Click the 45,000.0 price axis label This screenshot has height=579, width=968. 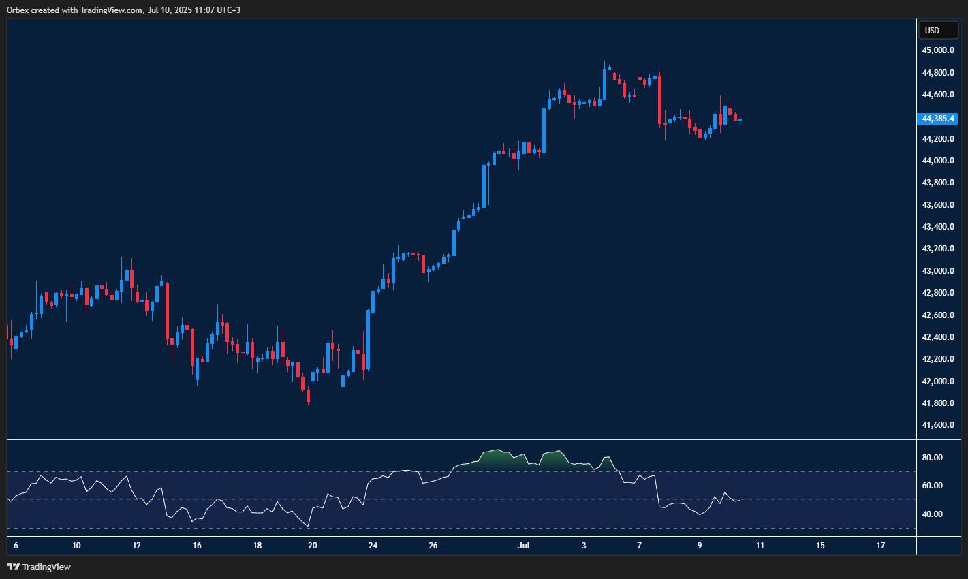(x=937, y=50)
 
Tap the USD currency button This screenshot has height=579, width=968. (x=932, y=30)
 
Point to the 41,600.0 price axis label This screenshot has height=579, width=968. (x=937, y=425)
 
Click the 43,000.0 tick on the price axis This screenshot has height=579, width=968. (x=937, y=271)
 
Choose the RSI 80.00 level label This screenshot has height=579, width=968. (x=932, y=458)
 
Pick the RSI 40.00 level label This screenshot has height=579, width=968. (x=932, y=514)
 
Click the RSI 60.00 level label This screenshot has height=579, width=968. (x=932, y=486)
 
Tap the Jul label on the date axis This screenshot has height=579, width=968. (x=523, y=546)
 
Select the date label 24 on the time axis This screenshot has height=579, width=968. (x=373, y=546)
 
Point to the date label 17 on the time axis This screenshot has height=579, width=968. (x=881, y=546)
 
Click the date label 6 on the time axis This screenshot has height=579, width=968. (x=16, y=546)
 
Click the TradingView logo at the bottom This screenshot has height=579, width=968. (x=39, y=567)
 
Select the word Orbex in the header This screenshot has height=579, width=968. (x=18, y=10)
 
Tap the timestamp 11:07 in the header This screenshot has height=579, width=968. (x=196, y=10)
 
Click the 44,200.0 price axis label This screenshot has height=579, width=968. (x=937, y=139)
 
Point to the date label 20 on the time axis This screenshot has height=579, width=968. (x=313, y=546)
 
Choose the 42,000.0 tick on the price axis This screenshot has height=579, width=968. (x=937, y=381)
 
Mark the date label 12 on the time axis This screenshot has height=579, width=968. (x=137, y=546)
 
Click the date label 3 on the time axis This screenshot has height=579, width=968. (x=584, y=546)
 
